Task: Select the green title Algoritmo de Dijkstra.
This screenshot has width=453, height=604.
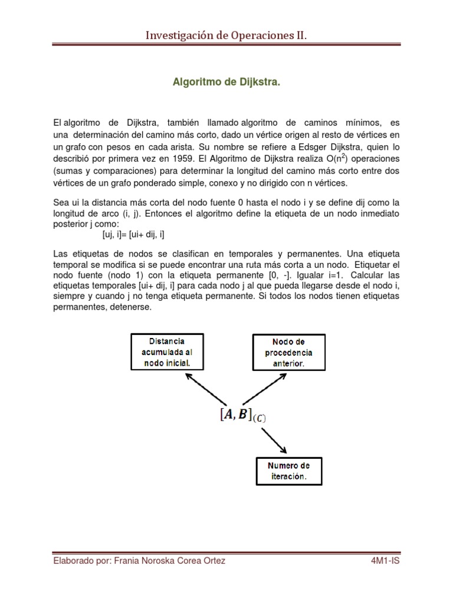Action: pyautogui.click(x=226, y=83)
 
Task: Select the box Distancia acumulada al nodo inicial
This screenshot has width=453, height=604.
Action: pyautogui.click(x=166, y=352)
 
